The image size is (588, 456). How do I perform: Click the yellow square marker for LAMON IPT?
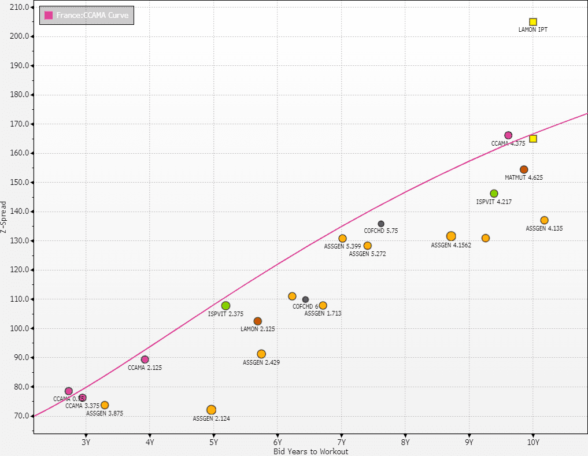(533, 22)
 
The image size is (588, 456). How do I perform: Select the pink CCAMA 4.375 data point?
(508, 135)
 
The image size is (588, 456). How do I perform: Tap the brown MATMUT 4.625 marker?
(524, 169)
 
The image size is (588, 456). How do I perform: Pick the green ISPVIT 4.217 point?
(494, 194)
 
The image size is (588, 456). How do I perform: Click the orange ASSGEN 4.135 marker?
(544, 220)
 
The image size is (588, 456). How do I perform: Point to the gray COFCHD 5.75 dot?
(381, 224)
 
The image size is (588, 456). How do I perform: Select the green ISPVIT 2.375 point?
(225, 306)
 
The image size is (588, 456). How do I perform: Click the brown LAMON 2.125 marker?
(258, 321)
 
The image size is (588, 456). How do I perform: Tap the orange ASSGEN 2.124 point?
(211, 410)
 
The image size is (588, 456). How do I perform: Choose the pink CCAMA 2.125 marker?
(145, 359)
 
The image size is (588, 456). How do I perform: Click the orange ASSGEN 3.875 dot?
(105, 405)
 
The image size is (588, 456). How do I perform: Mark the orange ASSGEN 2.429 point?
(261, 354)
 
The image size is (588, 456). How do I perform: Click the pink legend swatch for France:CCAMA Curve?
(49, 15)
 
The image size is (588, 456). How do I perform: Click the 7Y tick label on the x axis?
(341, 443)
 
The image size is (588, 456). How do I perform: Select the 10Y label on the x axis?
(533, 443)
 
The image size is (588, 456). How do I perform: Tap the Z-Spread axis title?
(5, 217)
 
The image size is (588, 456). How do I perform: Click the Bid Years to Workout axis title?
(310, 451)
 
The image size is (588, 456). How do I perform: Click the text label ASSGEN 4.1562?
(451, 245)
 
